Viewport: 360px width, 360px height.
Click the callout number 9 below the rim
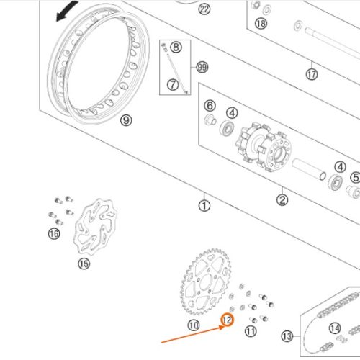[126, 120]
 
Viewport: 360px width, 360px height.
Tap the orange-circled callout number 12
[227, 320]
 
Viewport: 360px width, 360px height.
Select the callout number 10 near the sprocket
[194, 325]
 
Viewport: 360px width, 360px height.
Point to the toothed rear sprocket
[206, 282]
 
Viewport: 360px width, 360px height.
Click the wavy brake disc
[95, 227]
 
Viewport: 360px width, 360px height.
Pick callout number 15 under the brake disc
[84, 264]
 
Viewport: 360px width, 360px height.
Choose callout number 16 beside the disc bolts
[54, 233]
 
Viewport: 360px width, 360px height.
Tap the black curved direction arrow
[66, 11]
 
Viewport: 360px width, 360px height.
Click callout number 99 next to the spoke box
[202, 67]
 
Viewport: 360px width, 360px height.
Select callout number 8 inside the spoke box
[176, 47]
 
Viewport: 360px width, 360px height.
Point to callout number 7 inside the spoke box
[173, 85]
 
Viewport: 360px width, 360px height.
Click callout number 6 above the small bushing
[210, 106]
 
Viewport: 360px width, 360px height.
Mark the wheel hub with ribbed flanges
[264, 147]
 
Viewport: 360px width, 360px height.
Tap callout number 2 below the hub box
[282, 199]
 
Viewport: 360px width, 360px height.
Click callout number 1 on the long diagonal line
[204, 206]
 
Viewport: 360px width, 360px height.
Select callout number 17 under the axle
[312, 74]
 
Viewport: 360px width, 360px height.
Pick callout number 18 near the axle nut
[261, 24]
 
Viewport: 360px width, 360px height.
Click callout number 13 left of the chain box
[287, 336]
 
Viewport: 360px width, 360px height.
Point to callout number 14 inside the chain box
[335, 328]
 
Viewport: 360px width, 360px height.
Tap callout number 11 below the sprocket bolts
[251, 331]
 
